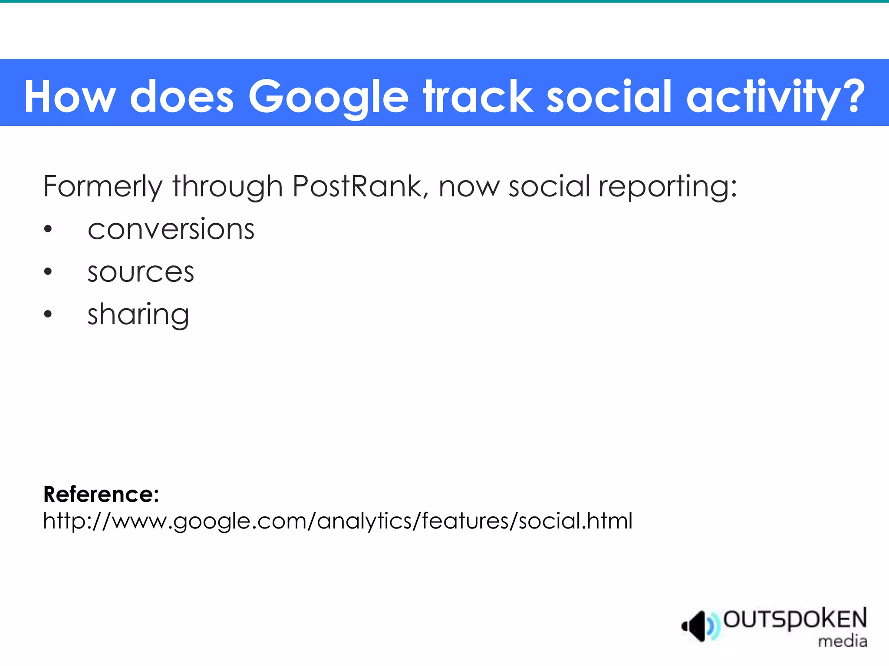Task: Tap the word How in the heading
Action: point(70,96)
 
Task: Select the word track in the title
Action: point(478,96)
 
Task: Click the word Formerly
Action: point(102,186)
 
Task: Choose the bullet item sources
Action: point(141,272)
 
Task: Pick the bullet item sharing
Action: point(138,315)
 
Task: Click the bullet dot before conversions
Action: point(48,229)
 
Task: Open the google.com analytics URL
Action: point(338,521)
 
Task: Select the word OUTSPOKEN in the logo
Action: point(795,619)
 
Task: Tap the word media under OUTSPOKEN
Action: point(842,641)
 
